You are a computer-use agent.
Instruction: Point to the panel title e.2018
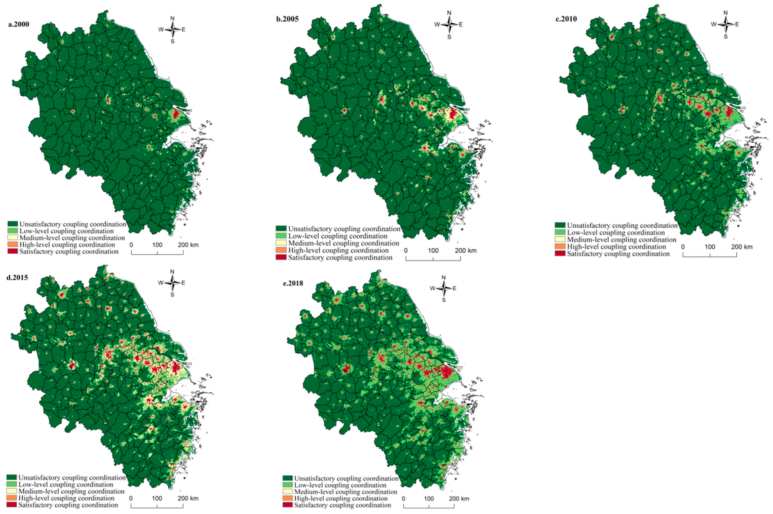[x=293, y=283]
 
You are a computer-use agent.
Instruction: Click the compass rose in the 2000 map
[x=172, y=29]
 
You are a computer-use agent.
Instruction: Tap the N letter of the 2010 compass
[x=725, y=13]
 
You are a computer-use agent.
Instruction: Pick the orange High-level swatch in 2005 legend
[x=281, y=250]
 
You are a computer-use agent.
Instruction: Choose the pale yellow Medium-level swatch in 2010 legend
[x=560, y=240]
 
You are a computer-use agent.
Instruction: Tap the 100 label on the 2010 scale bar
[x=710, y=247]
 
